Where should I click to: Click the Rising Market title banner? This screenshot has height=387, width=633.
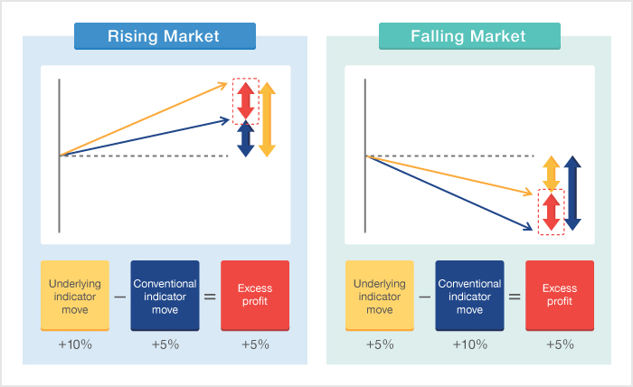[165, 36]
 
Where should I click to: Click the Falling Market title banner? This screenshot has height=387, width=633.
[469, 36]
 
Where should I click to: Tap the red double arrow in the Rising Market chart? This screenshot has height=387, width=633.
[245, 101]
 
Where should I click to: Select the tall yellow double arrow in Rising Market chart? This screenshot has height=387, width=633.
[267, 119]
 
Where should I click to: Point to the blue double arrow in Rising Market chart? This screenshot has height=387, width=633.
[245, 138]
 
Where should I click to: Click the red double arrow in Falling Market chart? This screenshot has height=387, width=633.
[551, 212]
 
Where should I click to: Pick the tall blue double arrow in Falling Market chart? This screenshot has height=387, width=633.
[572, 193]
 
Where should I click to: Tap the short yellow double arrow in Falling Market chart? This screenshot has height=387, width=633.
[551, 174]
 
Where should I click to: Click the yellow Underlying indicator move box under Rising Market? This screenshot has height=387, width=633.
[75, 296]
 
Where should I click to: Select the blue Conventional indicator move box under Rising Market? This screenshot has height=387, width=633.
[165, 296]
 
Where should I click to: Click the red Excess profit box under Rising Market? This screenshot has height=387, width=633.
[255, 296]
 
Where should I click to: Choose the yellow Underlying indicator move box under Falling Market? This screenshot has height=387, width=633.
[380, 296]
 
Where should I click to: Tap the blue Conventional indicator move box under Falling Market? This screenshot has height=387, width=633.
[469, 296]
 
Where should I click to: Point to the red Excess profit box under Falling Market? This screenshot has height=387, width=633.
[560, 296]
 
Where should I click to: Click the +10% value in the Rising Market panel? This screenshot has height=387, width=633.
[75, 345]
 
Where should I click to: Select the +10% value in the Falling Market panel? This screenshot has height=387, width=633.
[470, 345]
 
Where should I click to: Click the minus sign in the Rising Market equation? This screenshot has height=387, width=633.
[120, 297]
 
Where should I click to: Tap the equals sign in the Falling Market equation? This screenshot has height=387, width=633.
[515, 297]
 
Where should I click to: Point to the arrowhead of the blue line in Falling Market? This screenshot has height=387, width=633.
[528, 228]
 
